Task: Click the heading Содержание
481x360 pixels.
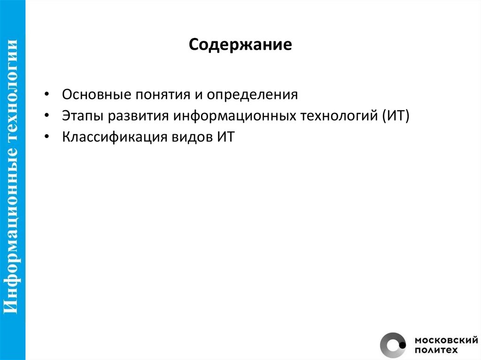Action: click(x=240, y=46)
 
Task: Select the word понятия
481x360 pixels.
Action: click(x=161, y=94)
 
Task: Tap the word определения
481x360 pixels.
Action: click(x=253, y=94)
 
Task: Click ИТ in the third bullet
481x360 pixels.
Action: click(x=225, y=138)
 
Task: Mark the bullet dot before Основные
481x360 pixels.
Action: click(x=48, y=95)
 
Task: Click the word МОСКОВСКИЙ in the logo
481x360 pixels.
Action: click(x=444, y=340)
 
